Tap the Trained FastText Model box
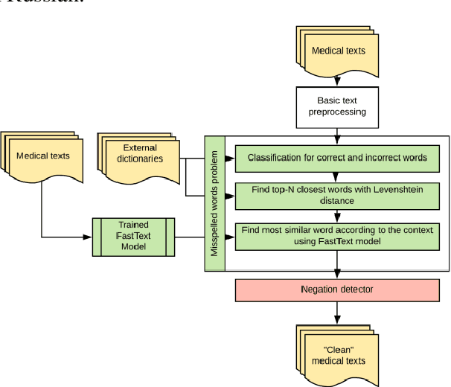tap(133, 237)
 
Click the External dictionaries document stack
tap(141, 158)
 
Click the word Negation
tap(322, 290)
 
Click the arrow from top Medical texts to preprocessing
tap(338, 80)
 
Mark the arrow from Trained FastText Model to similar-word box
tap(205, 237)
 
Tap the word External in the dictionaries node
tap(140, 148)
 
